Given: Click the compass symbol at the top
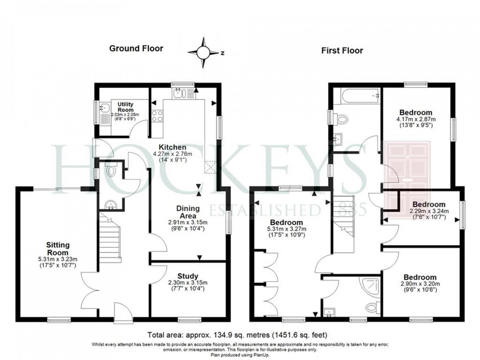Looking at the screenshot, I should click(203, 52).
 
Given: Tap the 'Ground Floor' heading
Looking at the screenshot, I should click(136, 48).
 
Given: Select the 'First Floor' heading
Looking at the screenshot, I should click(342, 51).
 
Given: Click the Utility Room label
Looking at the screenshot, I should click(125, 107).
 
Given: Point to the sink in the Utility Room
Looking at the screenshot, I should click(105, 107).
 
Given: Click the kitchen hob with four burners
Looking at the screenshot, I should click(157, 117).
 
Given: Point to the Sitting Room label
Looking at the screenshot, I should click(58, 249).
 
